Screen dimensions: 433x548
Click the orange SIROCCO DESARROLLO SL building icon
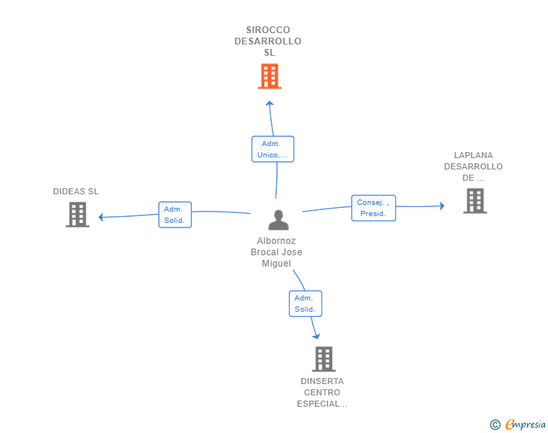coord(269,76)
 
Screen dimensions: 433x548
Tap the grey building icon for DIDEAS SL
coord(78,215)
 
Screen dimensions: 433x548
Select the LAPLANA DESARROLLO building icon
coord(475,200)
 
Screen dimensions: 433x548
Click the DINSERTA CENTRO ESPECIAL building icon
coord(323,359)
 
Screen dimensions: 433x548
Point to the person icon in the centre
coord(279,220)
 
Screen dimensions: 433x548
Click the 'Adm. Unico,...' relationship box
coord(272,149)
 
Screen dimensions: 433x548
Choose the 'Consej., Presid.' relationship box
coord(373,208)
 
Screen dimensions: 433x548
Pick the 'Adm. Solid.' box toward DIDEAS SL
coord(175,215)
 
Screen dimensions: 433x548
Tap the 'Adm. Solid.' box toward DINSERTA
coord(305,303)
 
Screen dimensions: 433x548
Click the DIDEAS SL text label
coord(76,191)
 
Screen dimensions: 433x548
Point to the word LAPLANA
coord(473,155)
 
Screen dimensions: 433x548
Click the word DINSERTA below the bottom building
coord(322,381)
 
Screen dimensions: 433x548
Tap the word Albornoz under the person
coord(276,241)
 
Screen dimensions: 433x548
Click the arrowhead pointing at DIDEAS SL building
coord(102,217)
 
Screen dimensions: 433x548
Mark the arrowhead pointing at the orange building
coord(269,103)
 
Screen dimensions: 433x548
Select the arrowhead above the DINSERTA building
coord(316,336)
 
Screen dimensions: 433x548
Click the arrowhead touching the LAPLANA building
coord(443,206)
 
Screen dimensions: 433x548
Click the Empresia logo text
coord(525,425)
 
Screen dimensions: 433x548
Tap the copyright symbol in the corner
coord(495,425)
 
